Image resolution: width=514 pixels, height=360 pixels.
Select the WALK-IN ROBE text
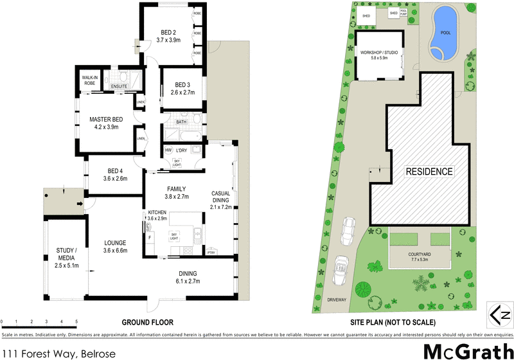pos(89,80)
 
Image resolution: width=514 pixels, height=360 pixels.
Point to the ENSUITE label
pos(119,85)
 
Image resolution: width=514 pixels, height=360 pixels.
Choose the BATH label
pos(181,122)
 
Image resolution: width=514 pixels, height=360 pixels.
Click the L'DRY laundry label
pos(182,150)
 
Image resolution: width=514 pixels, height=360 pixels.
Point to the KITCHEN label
pos(158,212)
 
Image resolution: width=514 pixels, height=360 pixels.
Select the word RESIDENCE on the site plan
pos(429,172)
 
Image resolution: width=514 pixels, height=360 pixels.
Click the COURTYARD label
pos(421,254)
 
